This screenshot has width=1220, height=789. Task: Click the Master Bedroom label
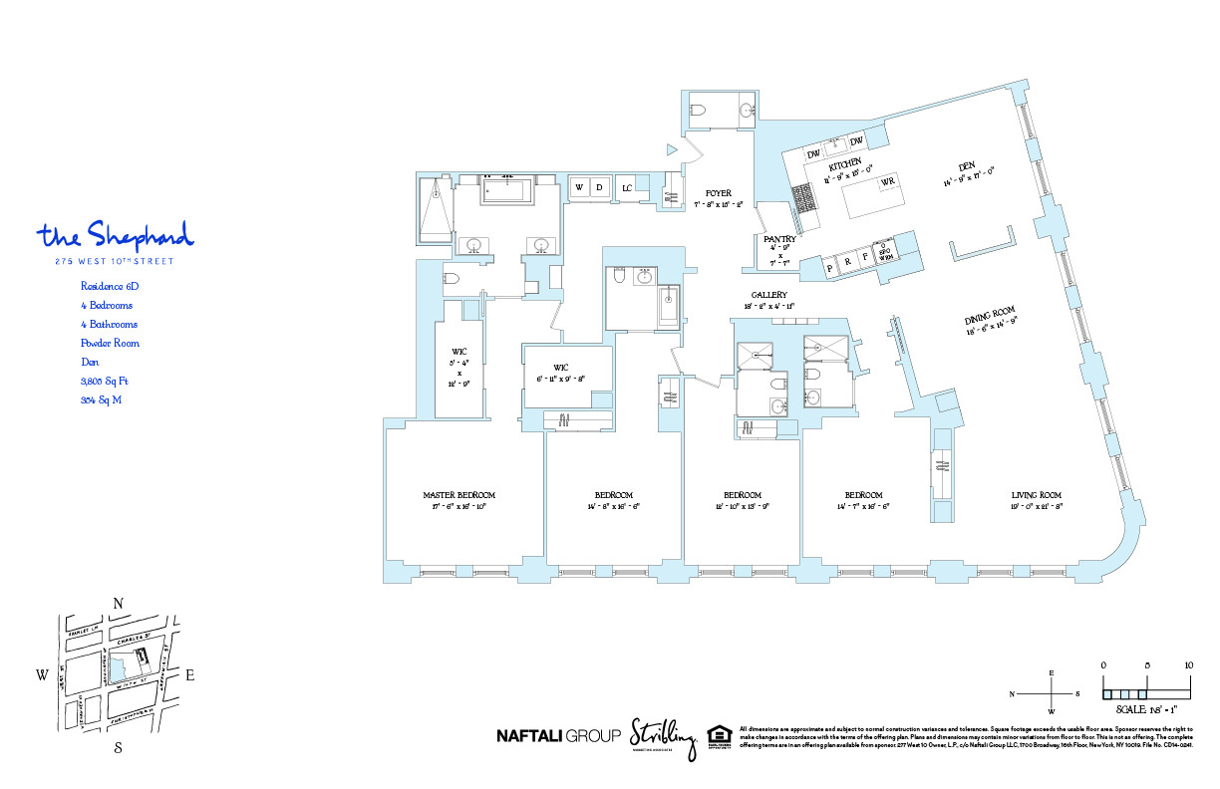(x=458, y=495)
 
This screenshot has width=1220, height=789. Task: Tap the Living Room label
(x=1037, y=495)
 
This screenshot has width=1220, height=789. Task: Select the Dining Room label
(x=989, y=319)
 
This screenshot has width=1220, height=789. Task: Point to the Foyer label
(x=718, y=193)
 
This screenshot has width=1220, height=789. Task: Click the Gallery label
(x=769, y=295)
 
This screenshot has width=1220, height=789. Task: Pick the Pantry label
(x=778, y=240)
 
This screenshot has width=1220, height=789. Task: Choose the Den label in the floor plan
(x=965, y=167)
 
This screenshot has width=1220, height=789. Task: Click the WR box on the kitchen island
(x=886, y=180)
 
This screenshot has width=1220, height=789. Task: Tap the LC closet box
(x=627, y=187)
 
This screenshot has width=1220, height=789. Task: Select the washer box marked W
(x=579, y=187)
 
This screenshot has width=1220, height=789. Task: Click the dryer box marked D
(x=600, y=187)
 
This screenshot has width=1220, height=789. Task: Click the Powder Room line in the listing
(x=110, y=344)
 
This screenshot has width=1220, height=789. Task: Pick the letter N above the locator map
(x=118, y=603)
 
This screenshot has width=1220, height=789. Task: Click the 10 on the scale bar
(x=1189, y=664)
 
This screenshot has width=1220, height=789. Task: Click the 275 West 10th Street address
(x=116, y=262)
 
